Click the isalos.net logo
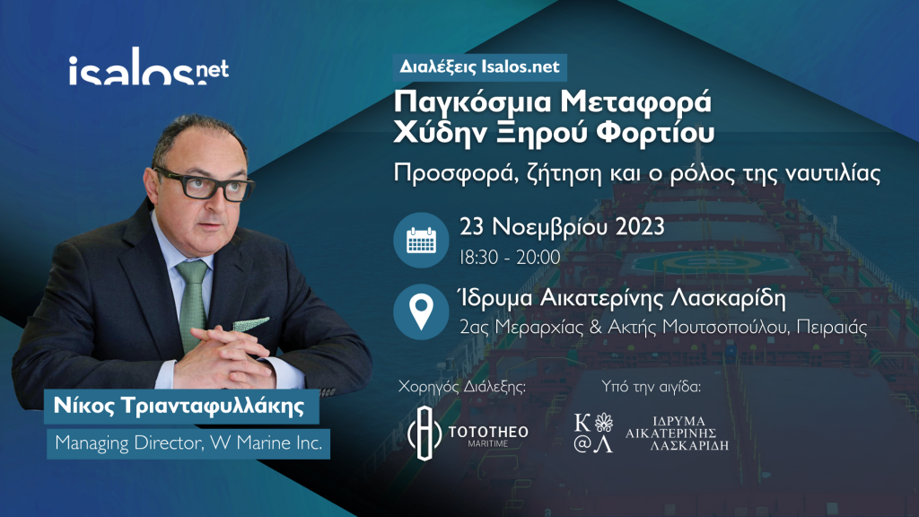point(148,66)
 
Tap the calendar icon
point(421,241)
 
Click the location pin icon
point(421,311)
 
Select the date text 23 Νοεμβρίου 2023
point(562,227)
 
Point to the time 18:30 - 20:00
point(510,258)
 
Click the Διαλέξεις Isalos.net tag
point(480,66)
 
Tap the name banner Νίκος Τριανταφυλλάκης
point(181,407)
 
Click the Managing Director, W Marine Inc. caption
point(188,443)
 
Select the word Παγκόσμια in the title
point(472,102)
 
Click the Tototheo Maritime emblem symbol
point(424,434)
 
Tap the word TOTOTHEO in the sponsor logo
point(488,432)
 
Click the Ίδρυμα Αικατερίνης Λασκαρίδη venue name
point(622,299)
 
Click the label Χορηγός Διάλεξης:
point(462,386)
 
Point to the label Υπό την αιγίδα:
point(652,386)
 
